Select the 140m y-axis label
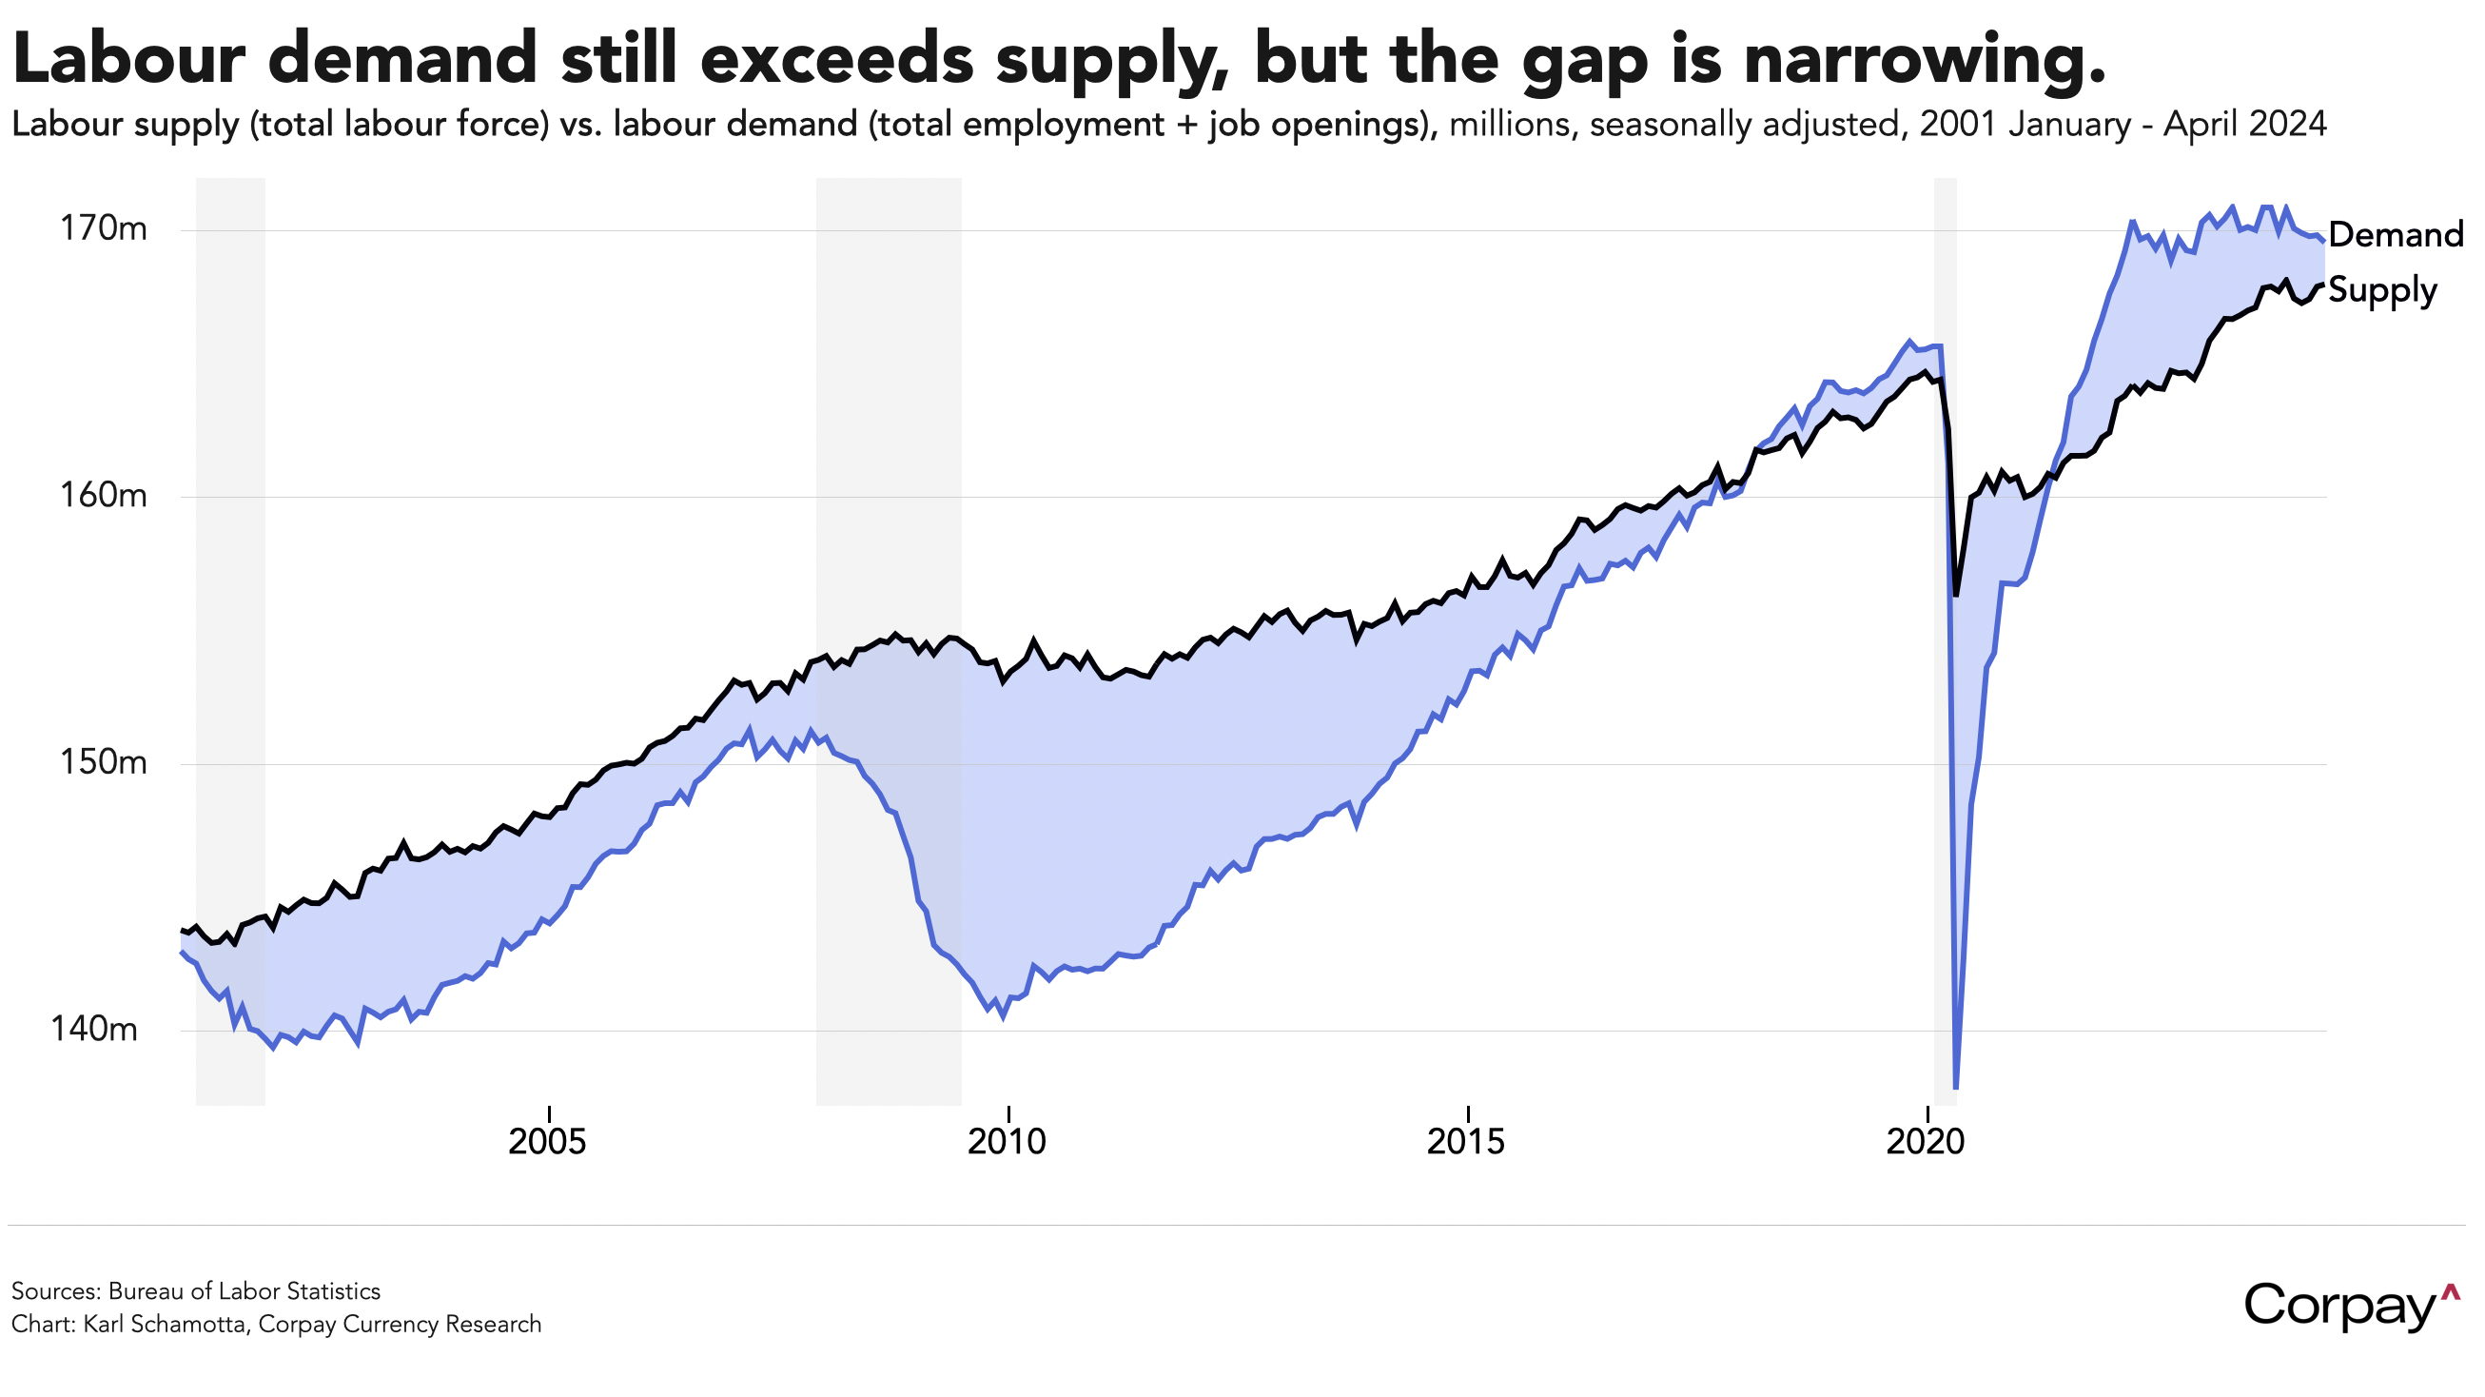pos(93,1030)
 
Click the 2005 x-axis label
pos(547,1142)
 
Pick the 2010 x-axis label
pos(1007,1142)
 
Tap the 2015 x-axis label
pos(1465,1142)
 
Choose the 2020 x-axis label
pos(1925,1142)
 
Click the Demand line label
pos(2396,234)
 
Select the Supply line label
pos(2382,290)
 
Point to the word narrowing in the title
pos(1926,60)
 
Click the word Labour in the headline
pos(130,60)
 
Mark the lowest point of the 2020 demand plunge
pos(1955,1088)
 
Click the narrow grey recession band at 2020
pos(1946,676)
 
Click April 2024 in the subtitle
pos(2245,125)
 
